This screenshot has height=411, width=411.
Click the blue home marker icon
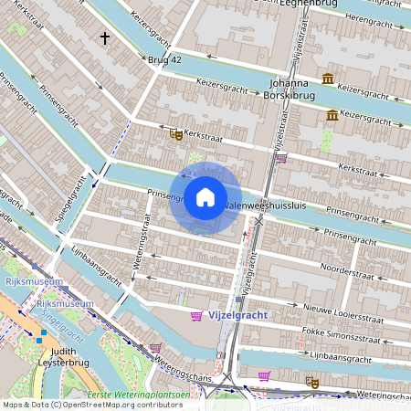pyautogui.click(x=205, y=197)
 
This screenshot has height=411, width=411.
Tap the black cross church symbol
pyautogui.click(x=105, y=38)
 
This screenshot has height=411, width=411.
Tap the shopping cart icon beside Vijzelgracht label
pyautogui.click(x=196, y=316)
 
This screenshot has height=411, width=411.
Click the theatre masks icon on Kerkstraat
pyautogui.click(x=174, y=134)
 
